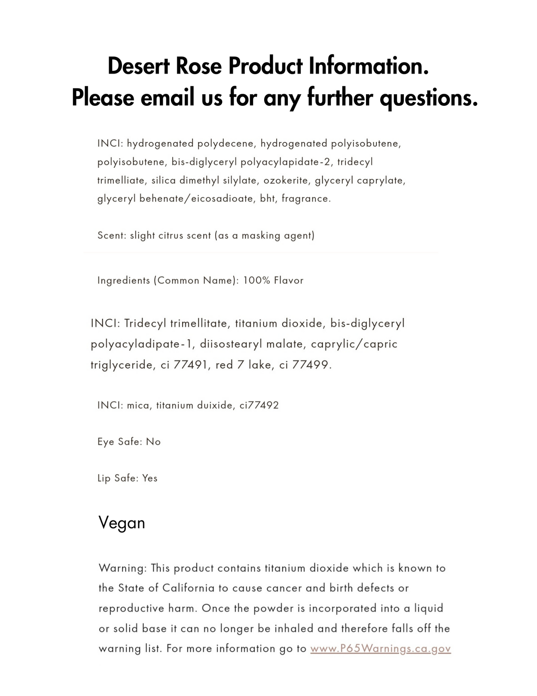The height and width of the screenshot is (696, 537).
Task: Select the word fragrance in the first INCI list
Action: coord(305,199)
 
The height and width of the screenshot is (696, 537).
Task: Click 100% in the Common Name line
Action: coord(256,280)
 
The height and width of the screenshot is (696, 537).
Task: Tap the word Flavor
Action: coord(289,280)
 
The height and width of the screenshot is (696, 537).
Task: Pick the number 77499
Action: coord(310,365)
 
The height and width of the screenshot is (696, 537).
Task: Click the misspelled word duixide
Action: coord(215,405)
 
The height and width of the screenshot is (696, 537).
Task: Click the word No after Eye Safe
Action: coord(153,442)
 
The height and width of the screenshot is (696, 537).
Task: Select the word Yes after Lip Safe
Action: coord(150,478)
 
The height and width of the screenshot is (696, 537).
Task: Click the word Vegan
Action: coord(122,523)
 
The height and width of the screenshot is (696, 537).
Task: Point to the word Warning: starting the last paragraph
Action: coord(123,568)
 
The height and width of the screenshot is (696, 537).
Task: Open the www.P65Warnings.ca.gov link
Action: coord(380,649)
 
